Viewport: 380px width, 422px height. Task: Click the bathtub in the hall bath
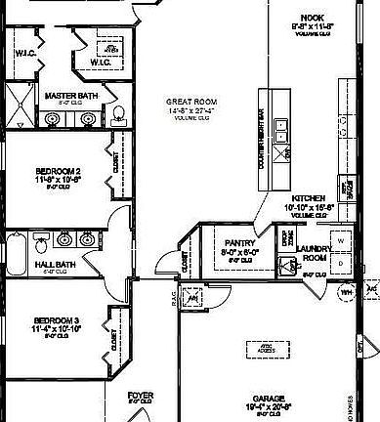[14, 254]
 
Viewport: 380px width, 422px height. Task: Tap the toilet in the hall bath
[40, 238]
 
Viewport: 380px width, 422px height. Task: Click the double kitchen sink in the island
[282, 131]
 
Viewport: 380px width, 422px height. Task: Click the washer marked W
[341, 239]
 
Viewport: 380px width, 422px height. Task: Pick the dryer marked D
[341, 263]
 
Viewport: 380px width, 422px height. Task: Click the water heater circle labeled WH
[346, 290]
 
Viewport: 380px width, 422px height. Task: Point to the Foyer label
[141, 396]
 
